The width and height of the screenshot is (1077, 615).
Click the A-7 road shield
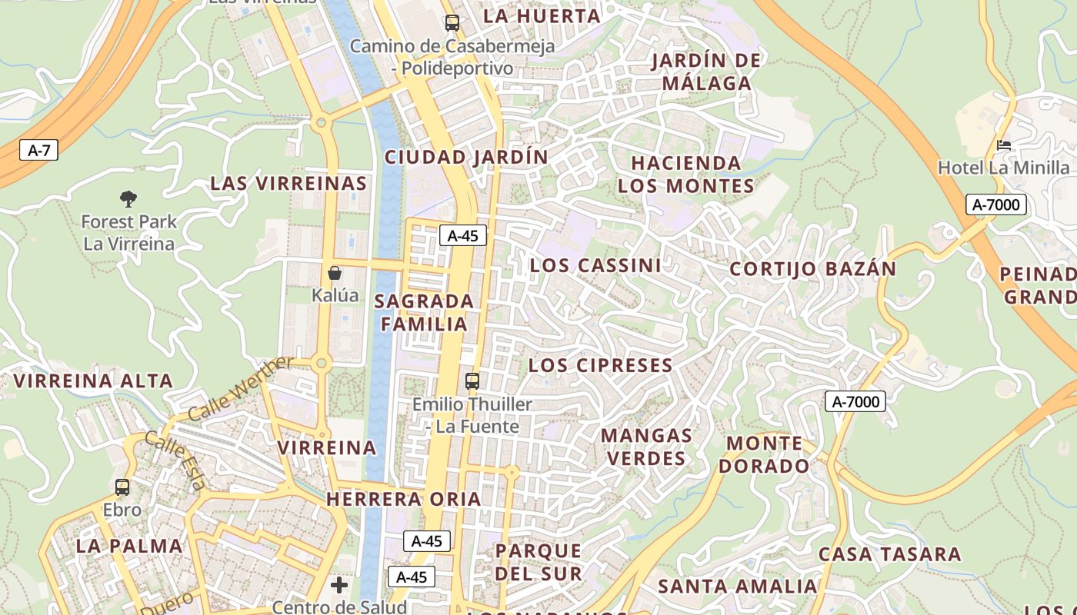click(x=38, y=150)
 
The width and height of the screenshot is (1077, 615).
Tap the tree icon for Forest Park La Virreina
click(x=128, y=199)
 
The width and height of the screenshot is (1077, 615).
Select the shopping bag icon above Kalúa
click(x=335, y=273)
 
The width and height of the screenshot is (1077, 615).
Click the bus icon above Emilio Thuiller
click(x=472, y=381)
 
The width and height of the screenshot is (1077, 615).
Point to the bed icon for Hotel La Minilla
click(x=1003, y=145)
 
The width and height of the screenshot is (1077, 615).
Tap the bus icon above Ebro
click(x=122, y=487)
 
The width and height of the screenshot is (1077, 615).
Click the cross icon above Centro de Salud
click(x=339, y=586)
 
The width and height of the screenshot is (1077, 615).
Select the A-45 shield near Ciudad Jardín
click(x=463, y=235)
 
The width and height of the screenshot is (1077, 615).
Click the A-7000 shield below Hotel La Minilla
click(x=996, y=204)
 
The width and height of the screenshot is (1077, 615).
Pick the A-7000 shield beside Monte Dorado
click(x=855, y=401)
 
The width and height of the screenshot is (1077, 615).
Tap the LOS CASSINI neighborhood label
click(x=595, y=266)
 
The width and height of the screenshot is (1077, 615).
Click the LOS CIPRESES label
click(x=601, y=365)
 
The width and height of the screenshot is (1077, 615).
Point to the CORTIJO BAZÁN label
click(x=812, y=269)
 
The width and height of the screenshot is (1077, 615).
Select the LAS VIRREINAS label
click(x=288, y=184)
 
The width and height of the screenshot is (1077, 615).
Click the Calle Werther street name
click(x=241, y=388)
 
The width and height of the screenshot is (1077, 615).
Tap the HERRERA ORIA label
click(x=404, y=499)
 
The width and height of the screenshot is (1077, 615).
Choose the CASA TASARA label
click(x=889, y=554)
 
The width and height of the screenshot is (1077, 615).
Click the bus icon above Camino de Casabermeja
click(x=452, y=23)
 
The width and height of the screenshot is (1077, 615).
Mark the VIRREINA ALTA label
click(x=93, y=381)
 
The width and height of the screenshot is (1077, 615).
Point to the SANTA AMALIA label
click(x=737, y=587)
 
